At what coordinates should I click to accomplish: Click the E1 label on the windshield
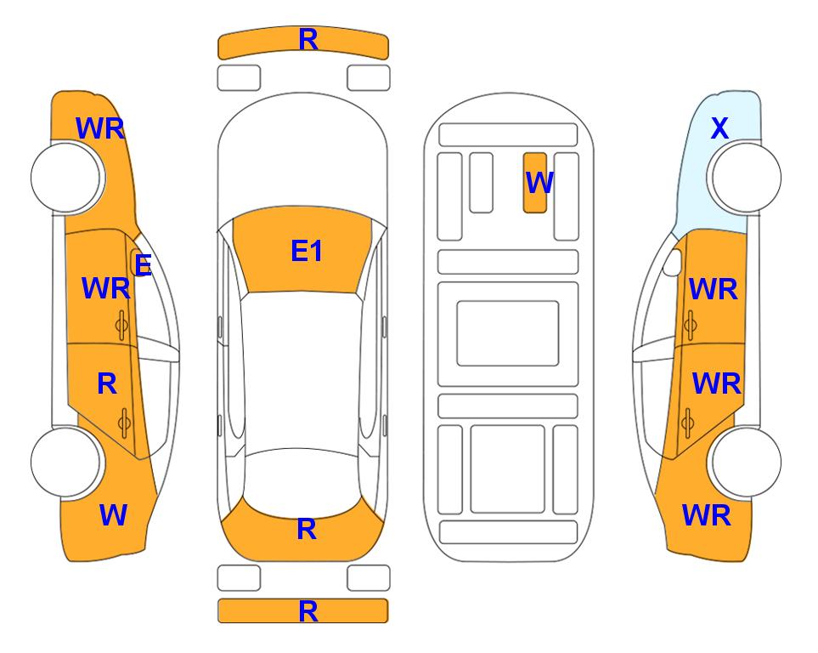[307, 251]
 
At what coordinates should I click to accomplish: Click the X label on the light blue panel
[719, 128]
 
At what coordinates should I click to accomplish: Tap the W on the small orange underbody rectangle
[539, 183]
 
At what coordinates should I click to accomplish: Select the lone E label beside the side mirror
[143, 265]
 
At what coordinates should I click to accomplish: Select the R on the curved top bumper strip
[308, 40]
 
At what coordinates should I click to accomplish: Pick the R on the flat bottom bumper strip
[308, 611]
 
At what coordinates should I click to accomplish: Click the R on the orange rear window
[307, 529]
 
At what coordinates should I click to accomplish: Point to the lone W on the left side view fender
[113, 515]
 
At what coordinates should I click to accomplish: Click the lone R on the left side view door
[107, 384]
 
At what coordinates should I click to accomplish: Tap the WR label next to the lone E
[106, 288]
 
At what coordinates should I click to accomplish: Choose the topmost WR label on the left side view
[100, 128]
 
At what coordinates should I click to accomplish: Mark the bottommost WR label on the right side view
[707, 515]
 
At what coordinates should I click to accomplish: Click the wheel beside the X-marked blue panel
[744, 177]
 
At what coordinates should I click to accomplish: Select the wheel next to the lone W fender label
[67, 462]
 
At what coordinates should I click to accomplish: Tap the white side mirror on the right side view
[673, 262]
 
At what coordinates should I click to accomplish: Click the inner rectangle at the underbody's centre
[508, 333]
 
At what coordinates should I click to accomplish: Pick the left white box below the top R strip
[239, 78]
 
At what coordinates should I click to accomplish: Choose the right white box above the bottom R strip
[369, 578]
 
